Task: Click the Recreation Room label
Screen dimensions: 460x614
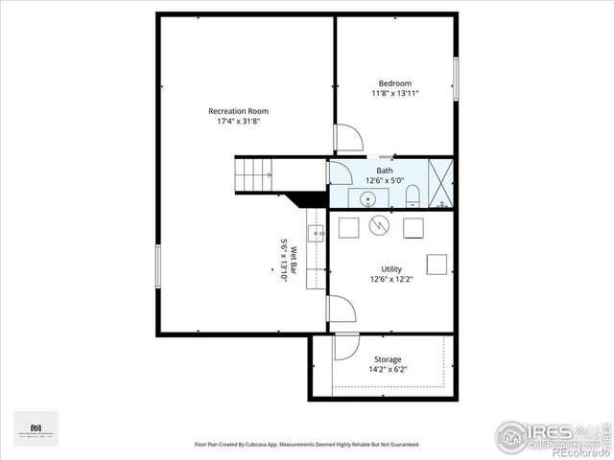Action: click(x=238, y=111)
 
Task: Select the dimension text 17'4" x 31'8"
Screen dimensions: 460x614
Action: click(x=238, y=122)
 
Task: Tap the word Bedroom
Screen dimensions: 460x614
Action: click(x=395, y=82)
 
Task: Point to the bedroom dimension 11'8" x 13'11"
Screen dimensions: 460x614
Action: click(x=395, y=93)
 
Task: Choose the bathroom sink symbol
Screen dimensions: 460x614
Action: click(x=367, y=199)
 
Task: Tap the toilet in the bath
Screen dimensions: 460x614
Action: click(x=413, y=197)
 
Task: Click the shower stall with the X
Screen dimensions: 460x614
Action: click(x=439, y=183)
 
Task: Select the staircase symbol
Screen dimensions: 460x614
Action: click(x=255, y=174)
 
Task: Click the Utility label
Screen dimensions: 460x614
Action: click(x=390, y=269)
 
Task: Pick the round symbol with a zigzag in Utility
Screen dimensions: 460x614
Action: click(x=380, y=226)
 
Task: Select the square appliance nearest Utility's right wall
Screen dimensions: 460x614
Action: click(x=437, y=264)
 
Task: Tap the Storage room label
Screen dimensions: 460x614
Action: click(x=388, y=359)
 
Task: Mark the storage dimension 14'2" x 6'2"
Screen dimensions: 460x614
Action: click(x=388, y=370)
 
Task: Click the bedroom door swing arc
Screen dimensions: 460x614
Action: click(x=348, y=138)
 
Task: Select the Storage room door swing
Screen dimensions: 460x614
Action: click(x=347, y=347)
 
